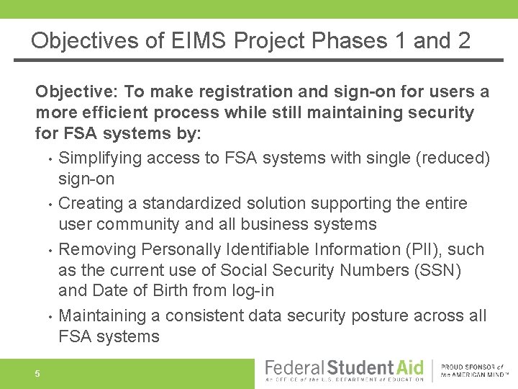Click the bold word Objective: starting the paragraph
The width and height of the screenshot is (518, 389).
(77, 92)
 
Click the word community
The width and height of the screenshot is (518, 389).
(137, 224)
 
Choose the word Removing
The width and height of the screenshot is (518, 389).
(97, 249)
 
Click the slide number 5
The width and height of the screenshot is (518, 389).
(37, 373)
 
